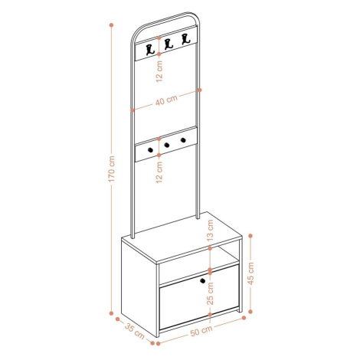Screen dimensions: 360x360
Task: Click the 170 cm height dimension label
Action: coord(112,169)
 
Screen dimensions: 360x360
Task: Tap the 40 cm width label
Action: coord(166,100)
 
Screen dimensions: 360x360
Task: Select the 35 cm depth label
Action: coord(135,331)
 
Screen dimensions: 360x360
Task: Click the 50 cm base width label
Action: coord(201,331)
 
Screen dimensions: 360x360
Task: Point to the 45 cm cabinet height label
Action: coord(250,273)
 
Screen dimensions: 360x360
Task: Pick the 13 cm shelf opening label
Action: coord(210,231)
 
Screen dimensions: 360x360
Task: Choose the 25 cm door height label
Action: coord(210,293)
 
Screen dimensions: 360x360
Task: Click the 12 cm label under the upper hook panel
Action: coord(159,71)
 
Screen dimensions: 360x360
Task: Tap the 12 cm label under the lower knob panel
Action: coord(159,172)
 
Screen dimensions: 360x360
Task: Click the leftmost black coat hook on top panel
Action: coord(151,50)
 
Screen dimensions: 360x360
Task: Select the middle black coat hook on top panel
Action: coord(169,44)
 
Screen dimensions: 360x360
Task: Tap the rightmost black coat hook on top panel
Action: coord(186,39)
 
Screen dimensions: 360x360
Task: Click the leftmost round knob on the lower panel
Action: coord(150,150)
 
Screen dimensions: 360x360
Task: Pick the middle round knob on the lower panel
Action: coord(167,145)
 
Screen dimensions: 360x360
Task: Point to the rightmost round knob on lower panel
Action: coord(183,140)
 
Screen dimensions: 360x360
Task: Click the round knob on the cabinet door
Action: coord(203,281)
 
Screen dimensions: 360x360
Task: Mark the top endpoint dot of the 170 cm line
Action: coord(111,25)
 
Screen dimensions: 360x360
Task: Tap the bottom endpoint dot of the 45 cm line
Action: coord(250,312)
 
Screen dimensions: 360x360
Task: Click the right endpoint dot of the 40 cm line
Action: coord(200,90)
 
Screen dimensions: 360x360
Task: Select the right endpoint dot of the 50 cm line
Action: coord(244,318)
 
